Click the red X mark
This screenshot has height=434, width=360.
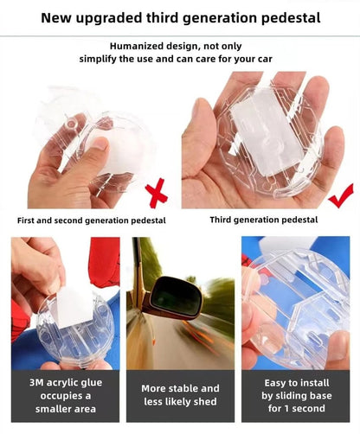tap(157, 193)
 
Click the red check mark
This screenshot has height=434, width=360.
tap(341, 196)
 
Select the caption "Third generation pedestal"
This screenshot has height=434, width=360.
tap(264, 220)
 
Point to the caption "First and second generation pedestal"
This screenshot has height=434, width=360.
tap(92, 220)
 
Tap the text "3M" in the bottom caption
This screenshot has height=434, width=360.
tap(36, 383)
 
